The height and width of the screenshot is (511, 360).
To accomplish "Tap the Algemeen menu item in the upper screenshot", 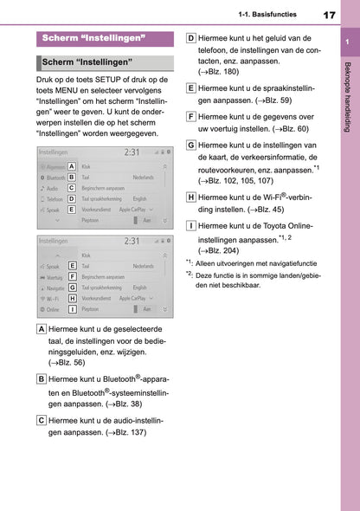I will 53,165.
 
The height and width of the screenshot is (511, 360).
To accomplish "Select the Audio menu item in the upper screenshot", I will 51,188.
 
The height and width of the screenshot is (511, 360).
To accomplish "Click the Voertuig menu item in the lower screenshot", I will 53,276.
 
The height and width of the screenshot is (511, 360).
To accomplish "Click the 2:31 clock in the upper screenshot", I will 132,152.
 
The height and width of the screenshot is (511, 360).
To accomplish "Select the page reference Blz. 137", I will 128,431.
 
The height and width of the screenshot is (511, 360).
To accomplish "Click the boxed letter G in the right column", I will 190,145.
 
